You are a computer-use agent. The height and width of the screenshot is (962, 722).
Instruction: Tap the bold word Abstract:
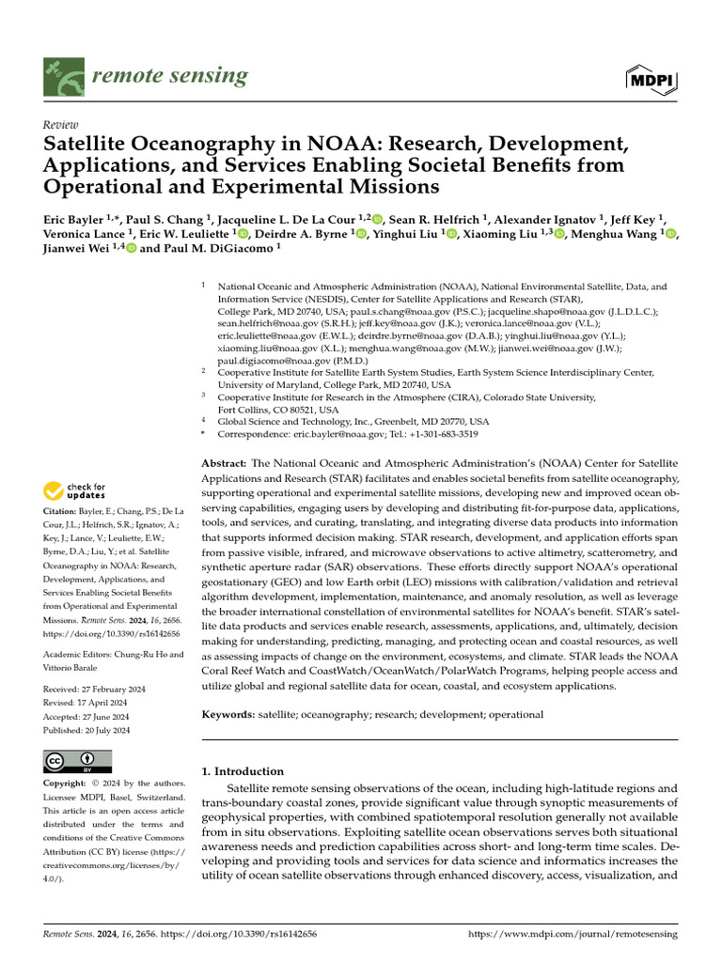tap(224, 465)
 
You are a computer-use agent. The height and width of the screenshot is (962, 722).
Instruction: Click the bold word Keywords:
tap(228, 715)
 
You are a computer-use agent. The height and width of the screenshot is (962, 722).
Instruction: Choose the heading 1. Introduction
tap(243, 771)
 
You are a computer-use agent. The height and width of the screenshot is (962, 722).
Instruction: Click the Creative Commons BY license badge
tap(77, 761)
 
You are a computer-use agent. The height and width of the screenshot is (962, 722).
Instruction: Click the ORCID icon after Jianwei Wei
tap(131, 249)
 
